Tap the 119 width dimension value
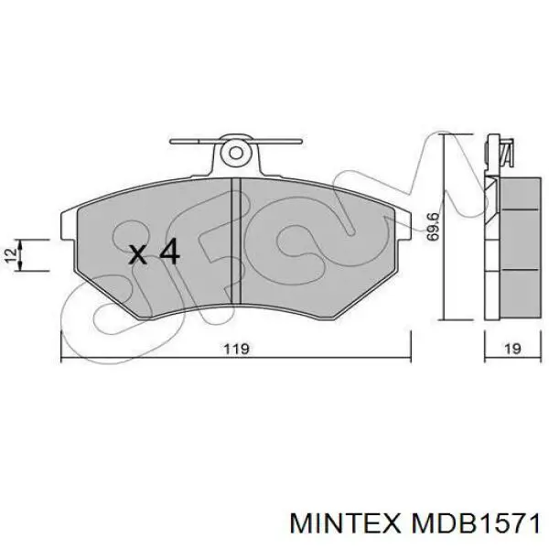236,349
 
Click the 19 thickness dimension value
512,349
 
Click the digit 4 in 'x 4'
169,253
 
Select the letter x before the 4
137,254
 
